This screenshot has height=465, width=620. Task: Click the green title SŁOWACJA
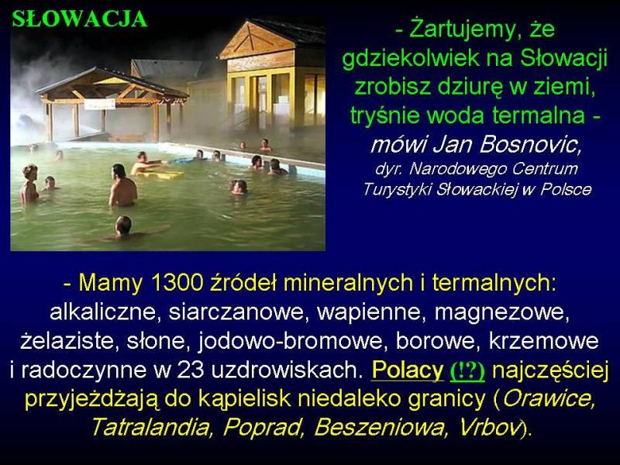[80, 19]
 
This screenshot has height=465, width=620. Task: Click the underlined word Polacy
[408, 370]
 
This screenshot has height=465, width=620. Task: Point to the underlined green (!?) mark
[468, 371]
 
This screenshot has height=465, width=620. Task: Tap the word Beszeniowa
[380, 427]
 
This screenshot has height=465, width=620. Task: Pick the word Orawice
[548, 398]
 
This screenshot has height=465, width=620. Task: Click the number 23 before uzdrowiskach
[191, 370]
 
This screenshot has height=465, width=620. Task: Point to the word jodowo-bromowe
[291, 341]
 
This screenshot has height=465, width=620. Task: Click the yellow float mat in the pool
[161, 174]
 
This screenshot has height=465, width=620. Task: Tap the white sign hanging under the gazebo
[100, 104]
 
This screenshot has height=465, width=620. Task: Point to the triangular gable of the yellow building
[257, 40]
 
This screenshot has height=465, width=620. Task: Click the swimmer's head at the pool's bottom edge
[123, 225]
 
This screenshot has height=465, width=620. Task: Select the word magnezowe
[501, 312]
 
